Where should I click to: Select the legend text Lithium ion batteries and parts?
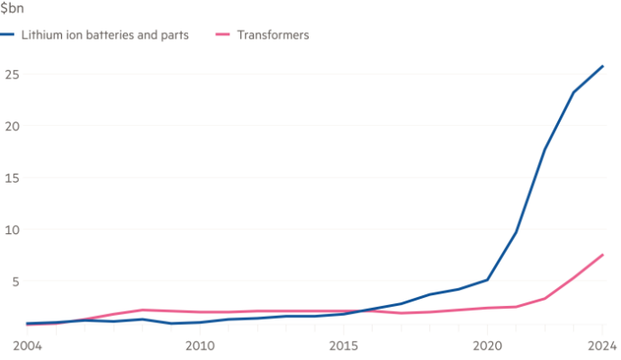coord(104,36)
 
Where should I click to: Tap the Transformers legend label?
coord(274,36)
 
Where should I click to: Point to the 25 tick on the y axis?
coord(10,74)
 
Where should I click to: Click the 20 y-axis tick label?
coord(10,126)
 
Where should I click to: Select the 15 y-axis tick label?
coord(10,178)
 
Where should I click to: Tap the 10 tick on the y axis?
coord(10,230)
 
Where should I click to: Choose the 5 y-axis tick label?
coord(13,283)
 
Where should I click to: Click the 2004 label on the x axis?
coord(27,346)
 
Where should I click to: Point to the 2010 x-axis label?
coord(199,346)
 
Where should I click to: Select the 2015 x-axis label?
coord(343,346)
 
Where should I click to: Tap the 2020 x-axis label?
coord(487,346)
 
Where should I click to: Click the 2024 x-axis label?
coord(603,346)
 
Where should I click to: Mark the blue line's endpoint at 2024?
coord(603,65)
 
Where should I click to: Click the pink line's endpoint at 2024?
coord(603,254)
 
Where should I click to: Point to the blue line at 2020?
coord(487,280)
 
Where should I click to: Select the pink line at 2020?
coord(487,308)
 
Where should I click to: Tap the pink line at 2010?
coord(199,312)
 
